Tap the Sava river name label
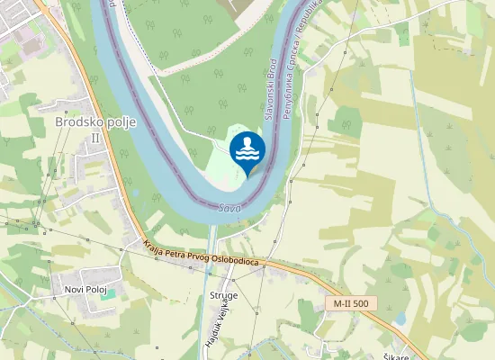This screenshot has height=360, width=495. [x=229, y=208]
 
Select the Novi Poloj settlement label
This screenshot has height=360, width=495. [x=85, y=289]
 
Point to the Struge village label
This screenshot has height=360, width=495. [x=223, y=294]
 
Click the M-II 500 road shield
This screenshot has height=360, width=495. [x=350, y=304]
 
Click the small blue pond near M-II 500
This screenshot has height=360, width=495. [x=399, y=319]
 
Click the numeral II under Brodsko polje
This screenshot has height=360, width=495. [x=95, y=138]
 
